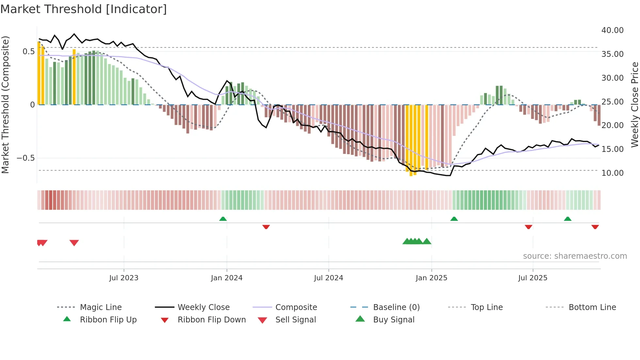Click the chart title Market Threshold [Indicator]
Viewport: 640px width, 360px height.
tap(84, 9)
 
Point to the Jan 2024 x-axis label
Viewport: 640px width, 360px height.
tap(227, 278)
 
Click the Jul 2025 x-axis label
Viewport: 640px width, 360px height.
tap(533, 278)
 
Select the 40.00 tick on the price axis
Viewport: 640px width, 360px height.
tap(612, 30)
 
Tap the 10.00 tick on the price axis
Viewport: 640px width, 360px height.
tap(612, 173)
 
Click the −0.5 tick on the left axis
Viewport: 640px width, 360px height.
tap(25, 158)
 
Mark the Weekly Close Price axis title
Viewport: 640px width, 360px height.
tap(634, 105)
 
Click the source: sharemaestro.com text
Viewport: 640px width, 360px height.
tap(575, 256)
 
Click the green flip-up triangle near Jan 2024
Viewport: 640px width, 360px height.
tap(223, 219)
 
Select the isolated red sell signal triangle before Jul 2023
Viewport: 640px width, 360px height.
tap(74, 243)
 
